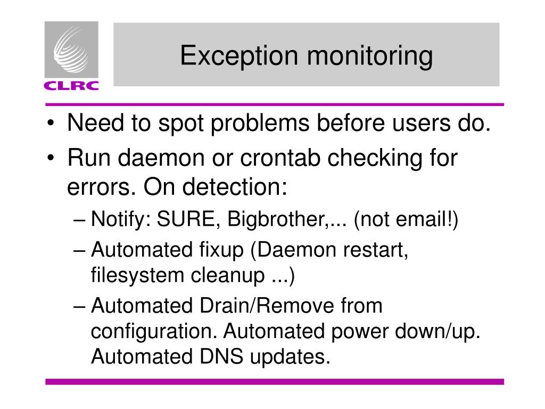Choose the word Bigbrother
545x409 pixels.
coord(275,218)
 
